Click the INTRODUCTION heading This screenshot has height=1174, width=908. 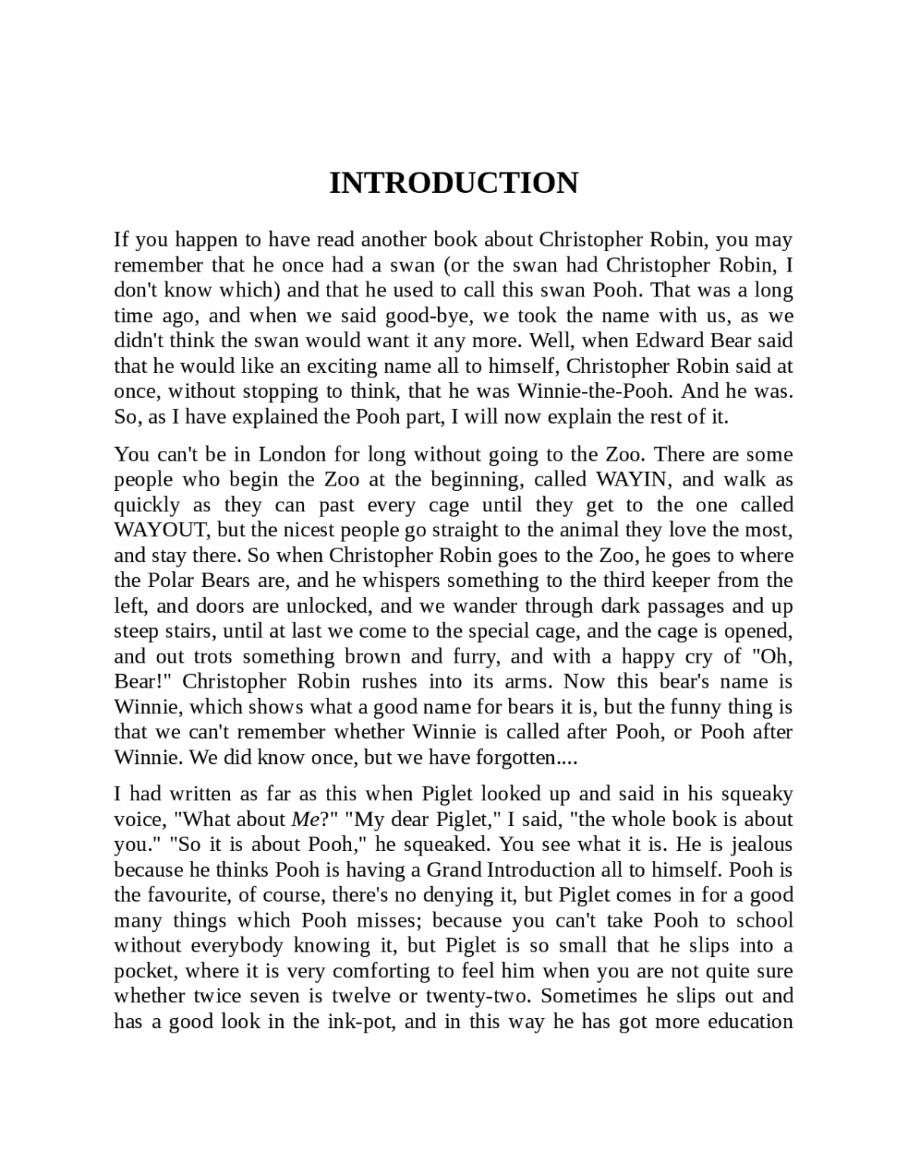(453, 183)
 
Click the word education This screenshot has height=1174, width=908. (750, 1022)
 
